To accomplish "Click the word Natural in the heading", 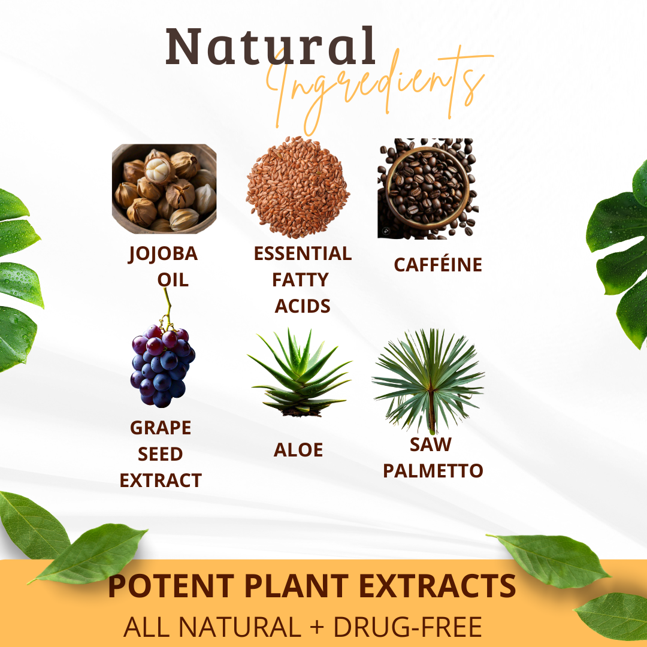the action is coord(271,46).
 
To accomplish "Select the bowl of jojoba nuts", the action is coord(164,188).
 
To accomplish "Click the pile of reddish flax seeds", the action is coord(298,188).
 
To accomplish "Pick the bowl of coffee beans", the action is coord(428,189).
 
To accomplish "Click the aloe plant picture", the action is coord(300,372).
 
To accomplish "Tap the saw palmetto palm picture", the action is coord(428,380).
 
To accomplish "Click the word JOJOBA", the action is coord(163,254).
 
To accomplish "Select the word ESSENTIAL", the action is coord(303,253).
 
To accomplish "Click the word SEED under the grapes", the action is coord(160,454).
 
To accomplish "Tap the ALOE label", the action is coord(298,450).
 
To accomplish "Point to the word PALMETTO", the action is coord(433,471).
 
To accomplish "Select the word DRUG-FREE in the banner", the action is coord(408,627).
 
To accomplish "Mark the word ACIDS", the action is coord(303,306).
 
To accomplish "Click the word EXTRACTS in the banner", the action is coord(437,585).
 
